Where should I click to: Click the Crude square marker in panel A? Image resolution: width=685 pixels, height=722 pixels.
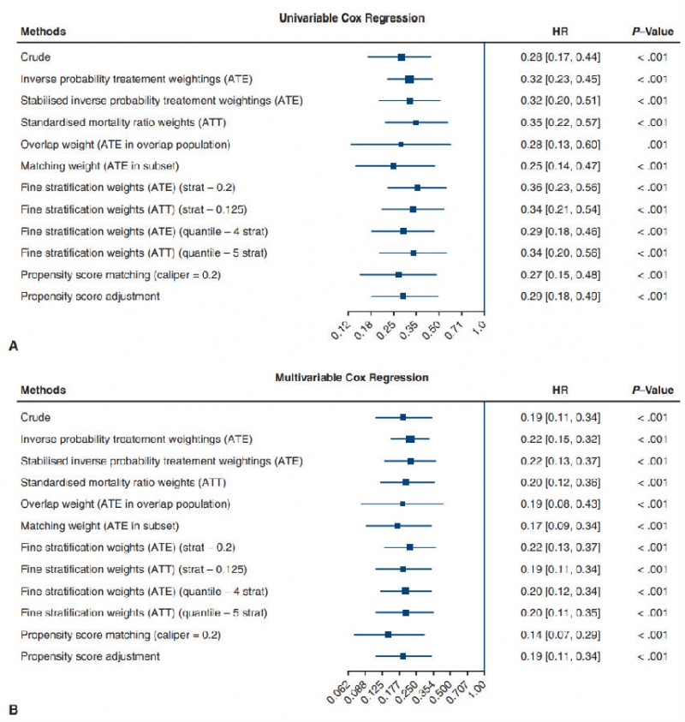(401, 57)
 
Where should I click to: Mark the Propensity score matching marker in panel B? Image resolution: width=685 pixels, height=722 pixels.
(388, 635)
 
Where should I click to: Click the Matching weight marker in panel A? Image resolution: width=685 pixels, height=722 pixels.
(393, 166)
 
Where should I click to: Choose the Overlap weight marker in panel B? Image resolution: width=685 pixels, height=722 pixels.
(402, 504)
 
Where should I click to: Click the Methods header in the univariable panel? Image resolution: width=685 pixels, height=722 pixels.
(43, 32)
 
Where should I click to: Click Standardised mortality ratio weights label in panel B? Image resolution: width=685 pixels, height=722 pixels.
(111, 482)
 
